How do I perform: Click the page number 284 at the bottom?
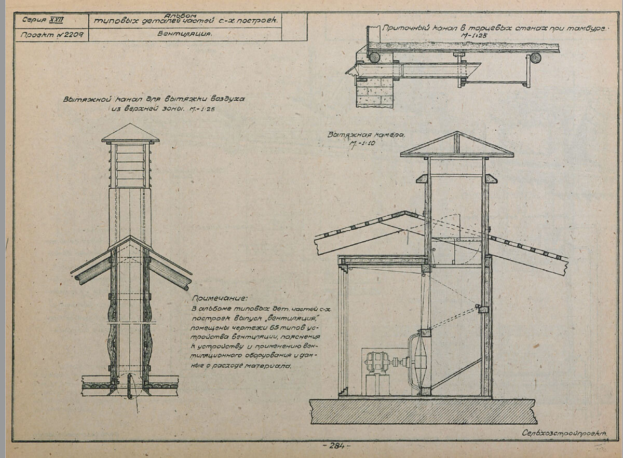point(336,445)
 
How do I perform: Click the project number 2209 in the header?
point(74,35)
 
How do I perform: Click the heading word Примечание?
point(219,298)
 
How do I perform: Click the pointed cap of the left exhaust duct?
point(130,133)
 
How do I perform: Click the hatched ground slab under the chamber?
point(423,411)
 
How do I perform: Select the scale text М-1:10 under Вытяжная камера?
point(364,143)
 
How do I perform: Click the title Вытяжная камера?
point(365,135)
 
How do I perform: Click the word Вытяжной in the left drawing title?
point(85,99)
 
